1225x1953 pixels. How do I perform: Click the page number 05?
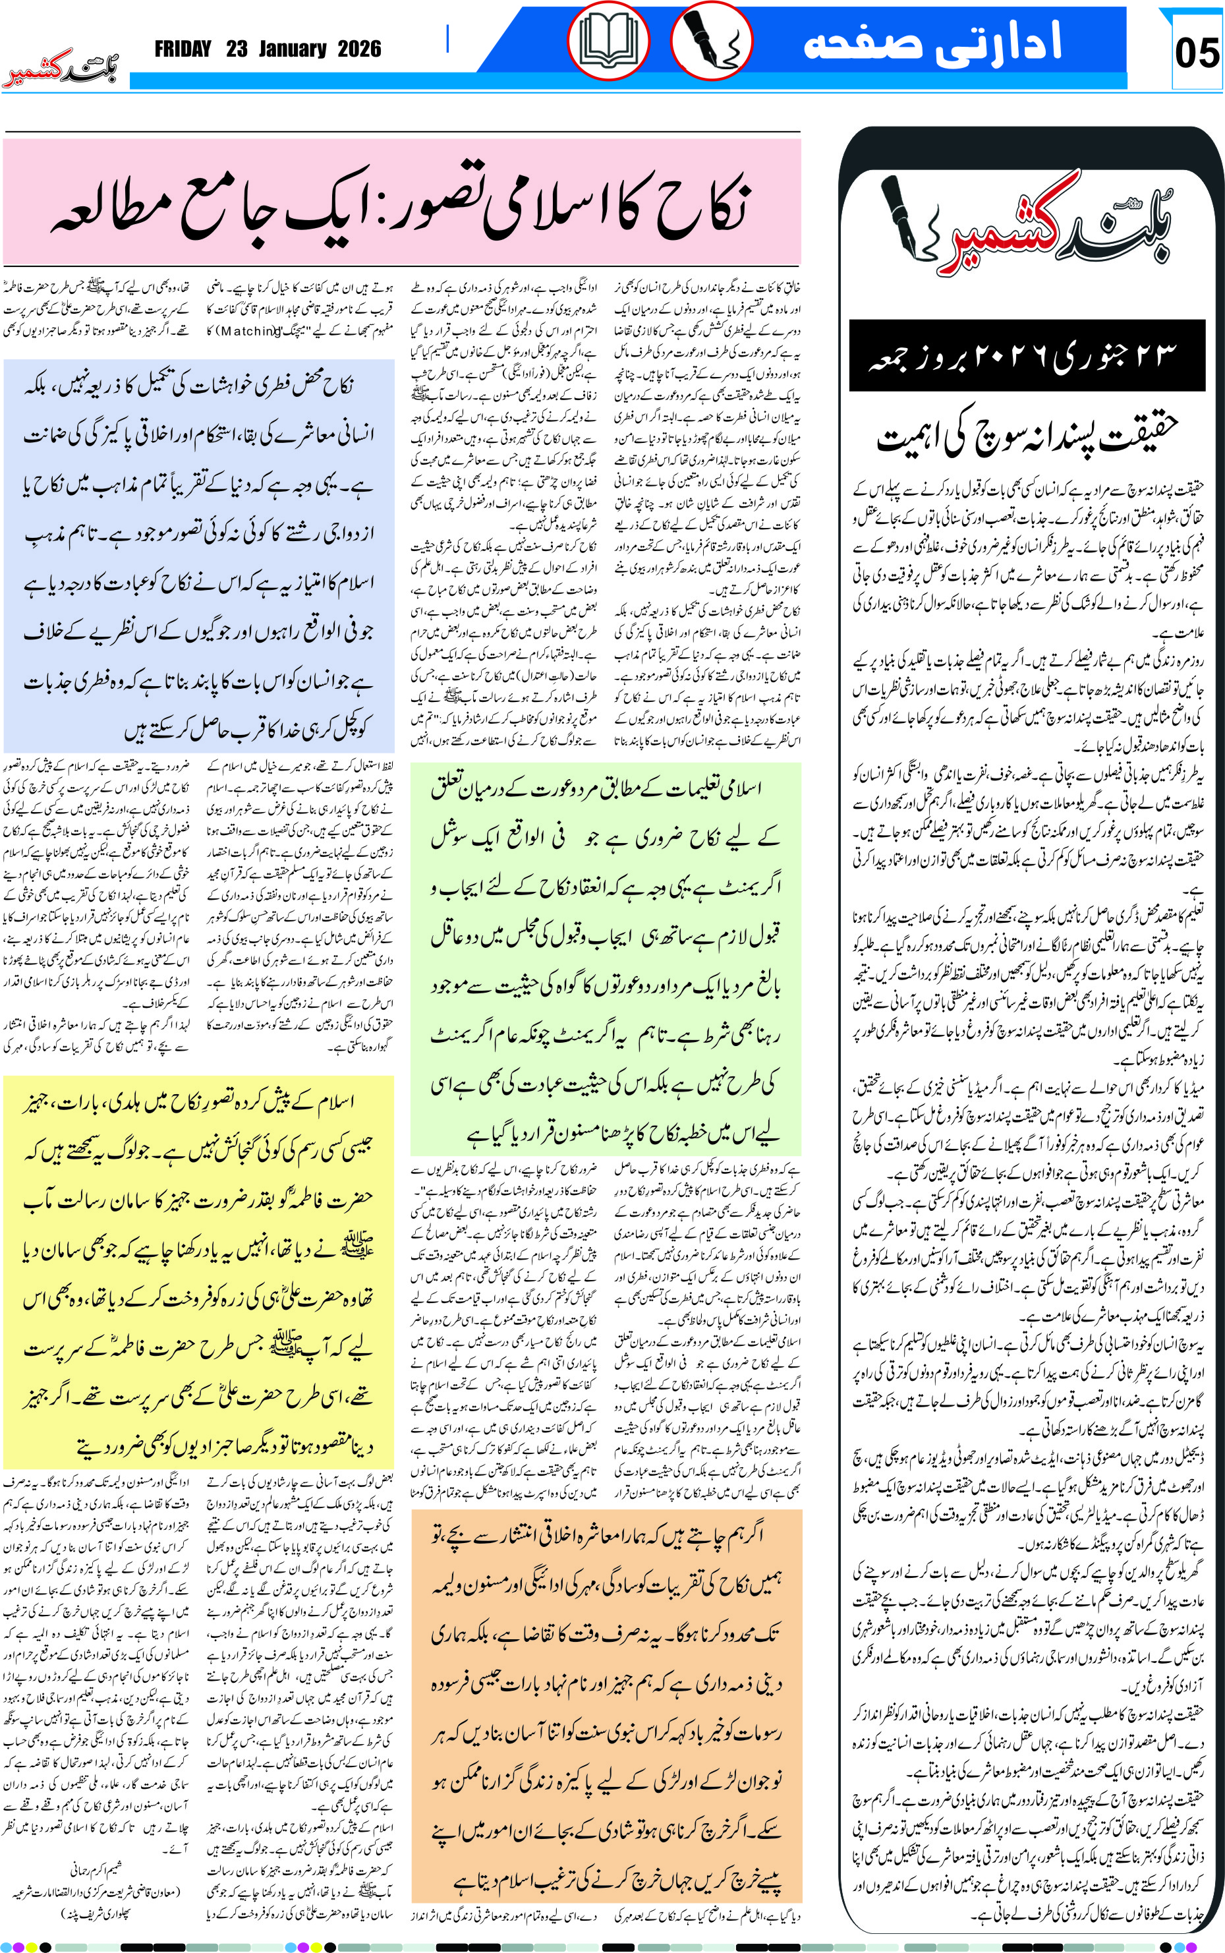[x=1196, y=52]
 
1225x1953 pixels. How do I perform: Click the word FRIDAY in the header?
[x=183, y=49]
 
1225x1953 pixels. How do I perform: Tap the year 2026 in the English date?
[x=359, y=49]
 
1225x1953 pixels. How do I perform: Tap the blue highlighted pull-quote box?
[x=198, y=556]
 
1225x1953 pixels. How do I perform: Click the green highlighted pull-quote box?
[x=605, y=958]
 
